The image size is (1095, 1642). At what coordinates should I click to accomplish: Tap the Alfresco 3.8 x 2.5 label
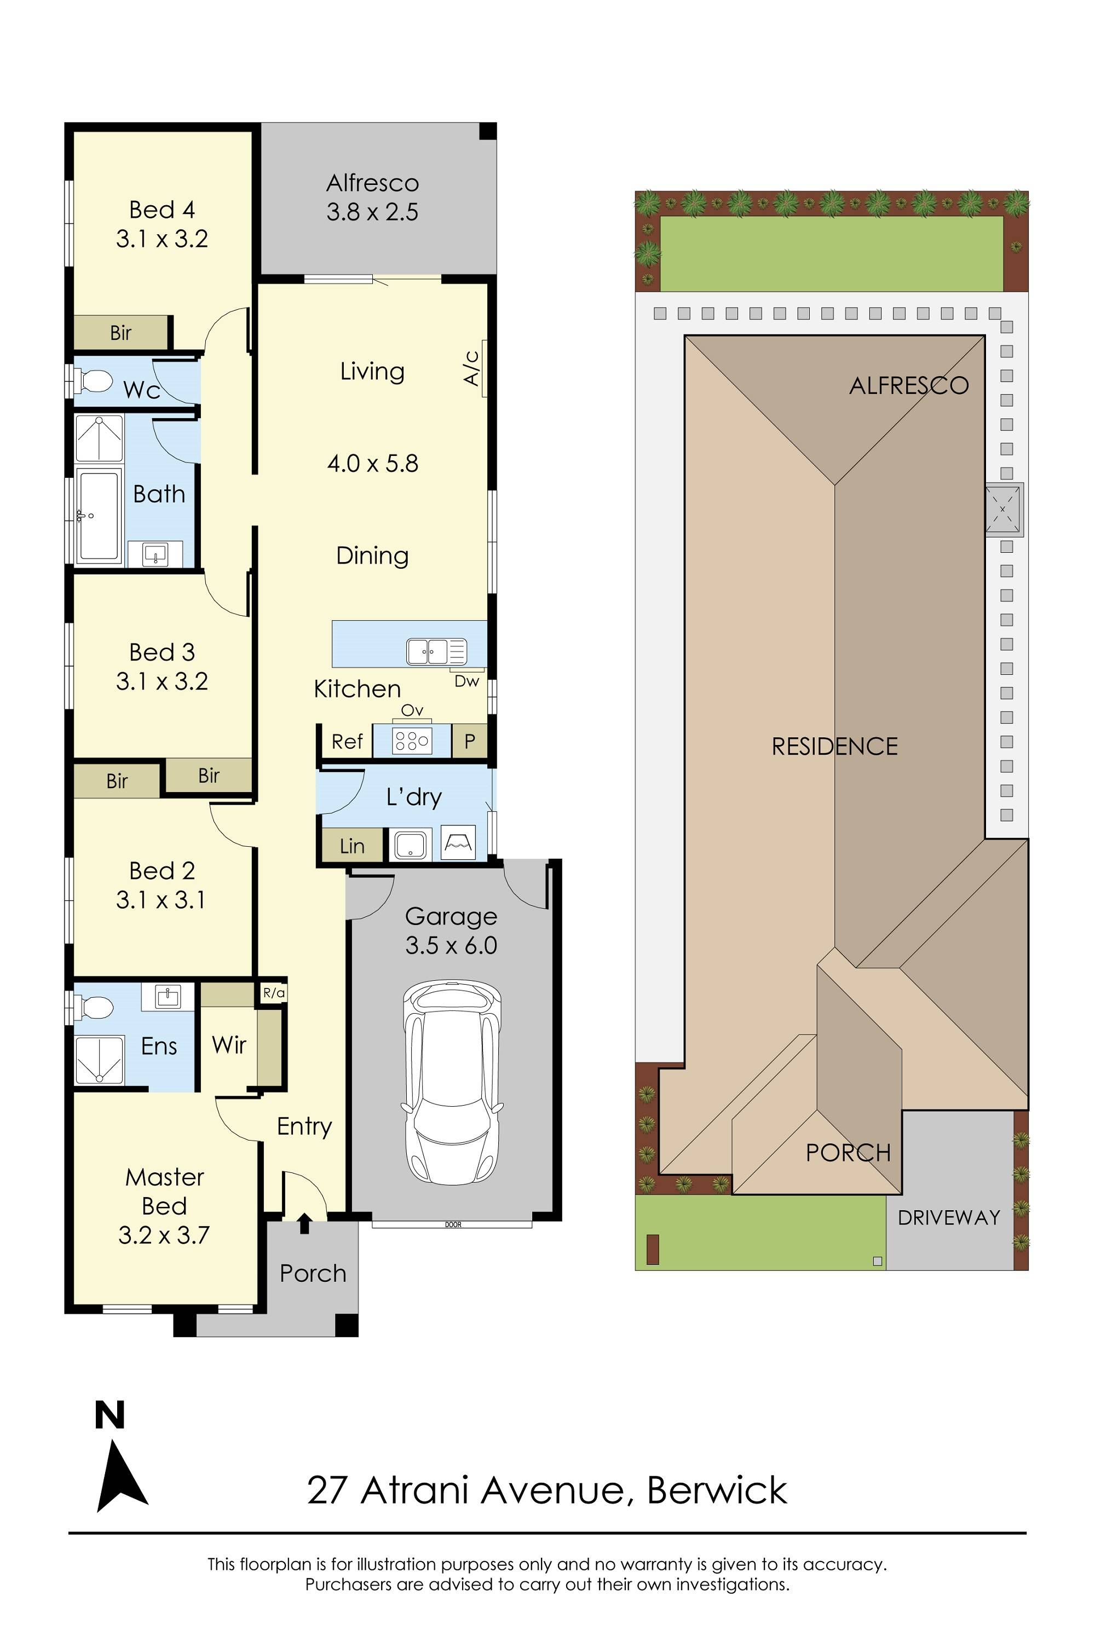pyautogui.click(x=372, y=198)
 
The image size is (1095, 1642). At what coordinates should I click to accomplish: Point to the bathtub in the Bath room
pyautogui.click(x=98, y=517)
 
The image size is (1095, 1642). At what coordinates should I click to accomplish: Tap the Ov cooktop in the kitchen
pyautogui.click(x=412, y=740)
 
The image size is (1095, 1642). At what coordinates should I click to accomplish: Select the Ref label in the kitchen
pyautogui.click(x=347, y=742)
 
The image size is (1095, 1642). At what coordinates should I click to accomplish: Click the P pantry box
pyautogui.click(x=469, y=741)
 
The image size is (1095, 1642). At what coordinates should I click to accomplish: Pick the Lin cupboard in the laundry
pyautogui.click(x=352, y=846)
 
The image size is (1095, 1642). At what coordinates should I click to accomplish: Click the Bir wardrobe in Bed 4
pyautogui.click(x=121, y=333)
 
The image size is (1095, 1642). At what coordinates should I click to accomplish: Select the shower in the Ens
pyautogui.click(x=99, y=1061)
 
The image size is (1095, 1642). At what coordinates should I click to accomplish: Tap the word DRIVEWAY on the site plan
pyautogui.click(x=948, y=1217)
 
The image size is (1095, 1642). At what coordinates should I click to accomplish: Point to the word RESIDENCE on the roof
pyautogui.click(x=834, y=747)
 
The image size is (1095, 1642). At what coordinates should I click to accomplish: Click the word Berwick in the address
pyautogui.click(x=717, y=1490)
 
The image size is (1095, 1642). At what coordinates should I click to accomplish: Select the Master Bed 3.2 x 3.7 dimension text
pyautogui.click(x=164, y=1235)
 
